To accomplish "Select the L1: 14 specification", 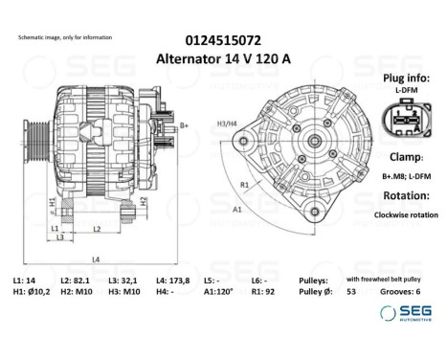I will [x=23, y=280].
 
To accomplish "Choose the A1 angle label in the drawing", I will [x=236, y=207].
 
